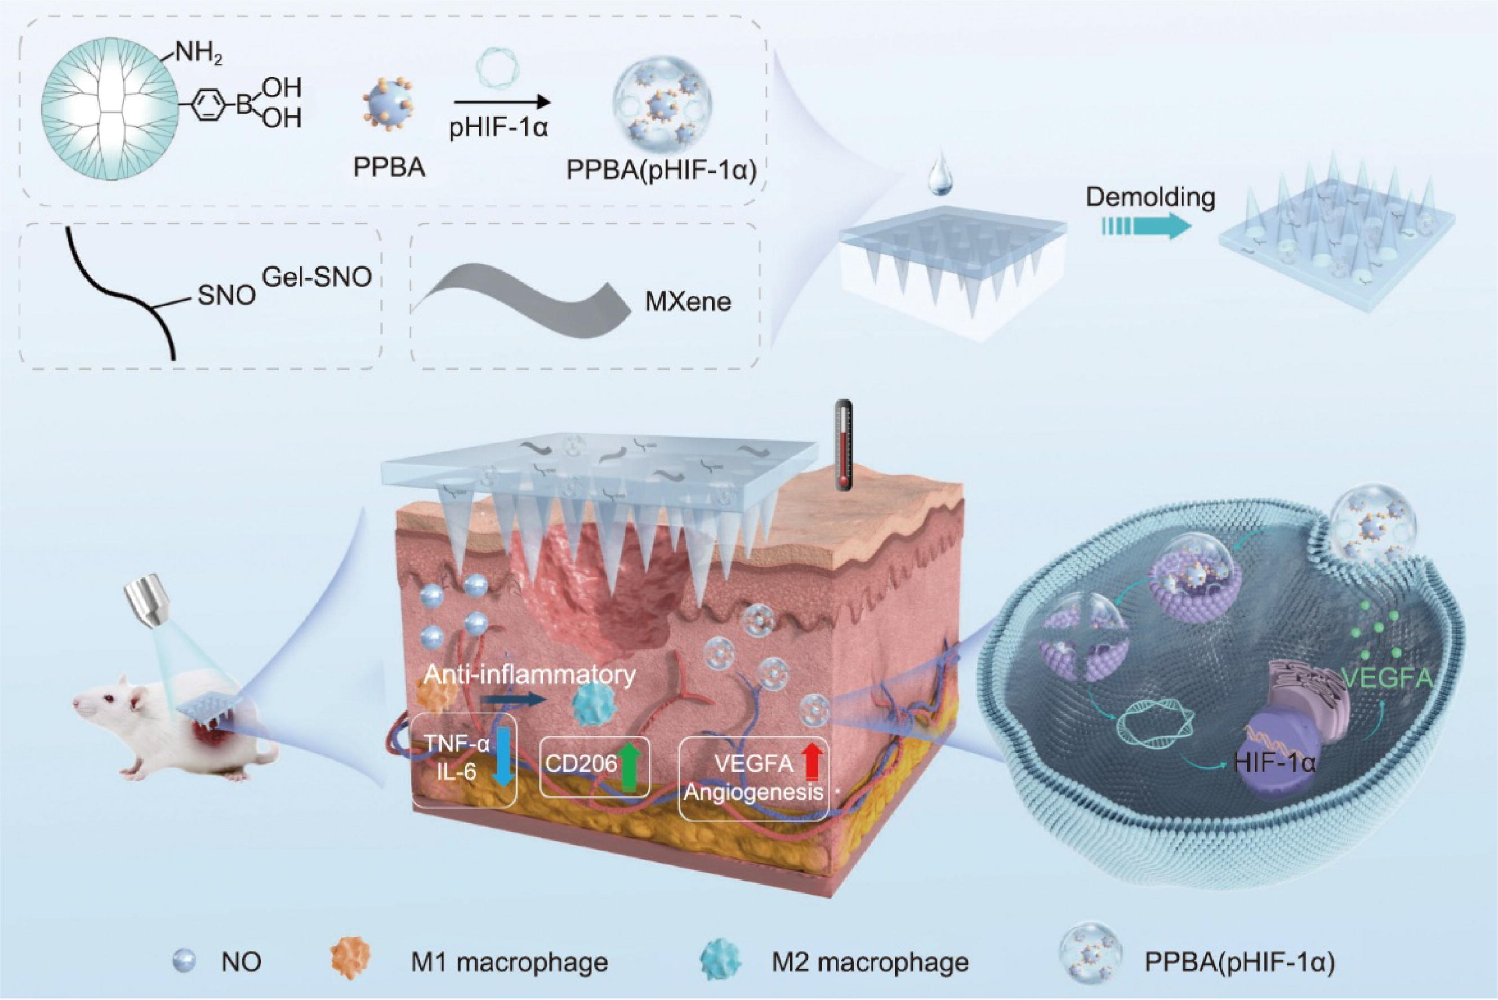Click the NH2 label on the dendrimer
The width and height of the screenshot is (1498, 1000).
(x=199, y=53)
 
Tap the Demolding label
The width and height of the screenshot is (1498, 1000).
(x=1151, y=197)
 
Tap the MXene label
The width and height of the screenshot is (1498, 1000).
(x=688, y=301)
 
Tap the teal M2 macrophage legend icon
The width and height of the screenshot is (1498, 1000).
(x=720, y=961)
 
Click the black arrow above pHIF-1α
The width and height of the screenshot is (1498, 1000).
(x=501, y=101)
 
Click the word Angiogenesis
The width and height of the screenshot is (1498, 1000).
(x=753, y=793)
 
